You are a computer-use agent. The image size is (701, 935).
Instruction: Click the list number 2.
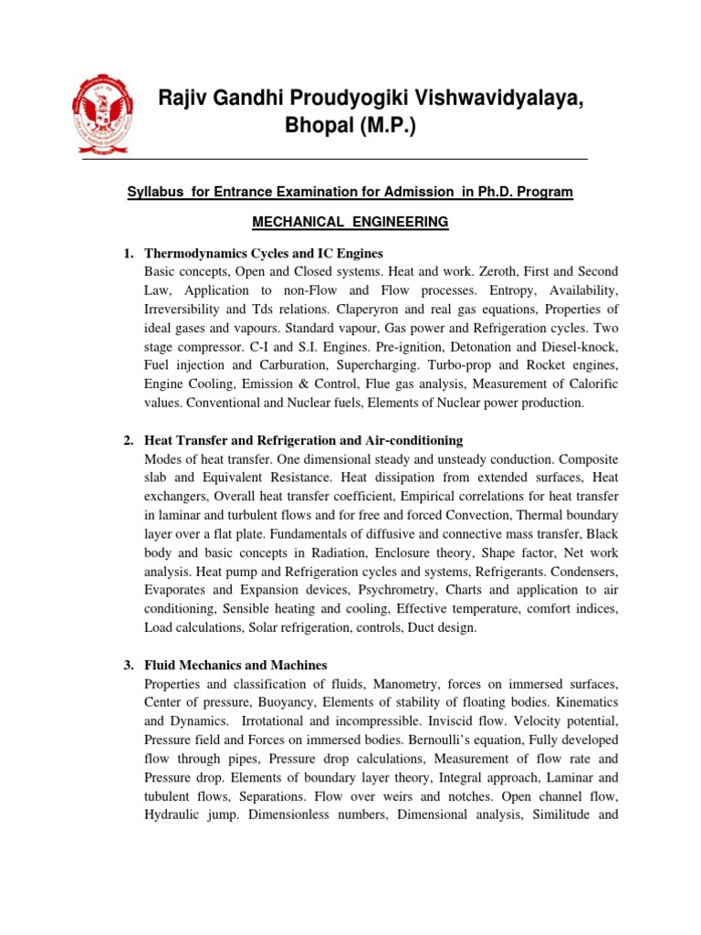pos(128,441)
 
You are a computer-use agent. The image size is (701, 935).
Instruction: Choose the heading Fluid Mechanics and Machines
pos(235,666)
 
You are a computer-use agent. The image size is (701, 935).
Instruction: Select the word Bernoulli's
pos(405,740)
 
